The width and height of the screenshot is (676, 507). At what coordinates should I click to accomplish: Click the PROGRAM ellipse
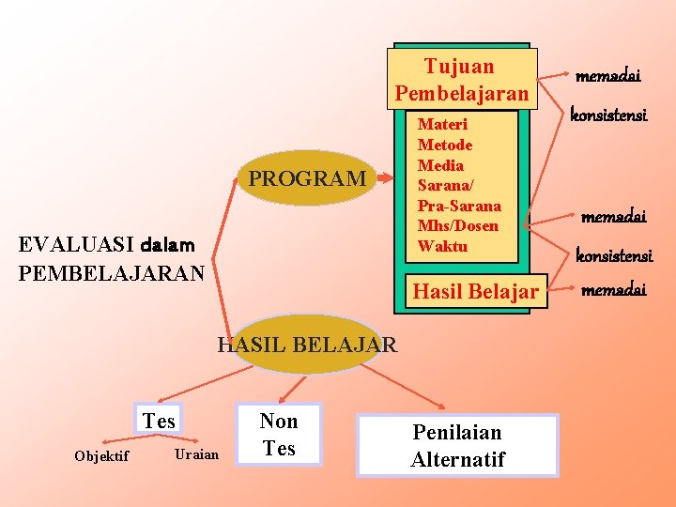pos(307,178)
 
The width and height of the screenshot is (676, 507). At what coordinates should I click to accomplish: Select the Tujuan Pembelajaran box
pos(462,80)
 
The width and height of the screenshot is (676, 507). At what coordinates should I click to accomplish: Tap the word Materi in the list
pos(442,124)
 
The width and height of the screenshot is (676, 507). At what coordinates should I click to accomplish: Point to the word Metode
pos(445,145)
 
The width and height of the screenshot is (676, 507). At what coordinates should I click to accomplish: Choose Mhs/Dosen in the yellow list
pos(458,225)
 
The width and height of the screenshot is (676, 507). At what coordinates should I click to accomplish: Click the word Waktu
pos(442,246)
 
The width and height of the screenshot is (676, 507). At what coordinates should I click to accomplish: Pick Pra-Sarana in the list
pos(459,206)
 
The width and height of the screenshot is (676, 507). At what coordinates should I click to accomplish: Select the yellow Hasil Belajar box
pos(476,292)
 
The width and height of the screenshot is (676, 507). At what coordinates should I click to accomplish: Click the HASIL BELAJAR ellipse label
pos(308,345)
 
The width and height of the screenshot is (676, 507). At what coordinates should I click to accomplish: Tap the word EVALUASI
pos(77,246)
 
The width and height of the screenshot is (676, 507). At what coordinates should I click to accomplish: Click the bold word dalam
pos(167,246)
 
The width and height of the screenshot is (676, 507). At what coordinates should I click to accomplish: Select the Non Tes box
pos(279,434)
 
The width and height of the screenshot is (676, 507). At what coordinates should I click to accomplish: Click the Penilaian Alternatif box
pos(457,445)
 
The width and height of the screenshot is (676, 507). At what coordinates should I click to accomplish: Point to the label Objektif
pos(101,456)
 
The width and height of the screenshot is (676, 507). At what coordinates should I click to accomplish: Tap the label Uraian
pos(197,454)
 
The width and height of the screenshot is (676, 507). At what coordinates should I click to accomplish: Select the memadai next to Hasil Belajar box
pos(614,289)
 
